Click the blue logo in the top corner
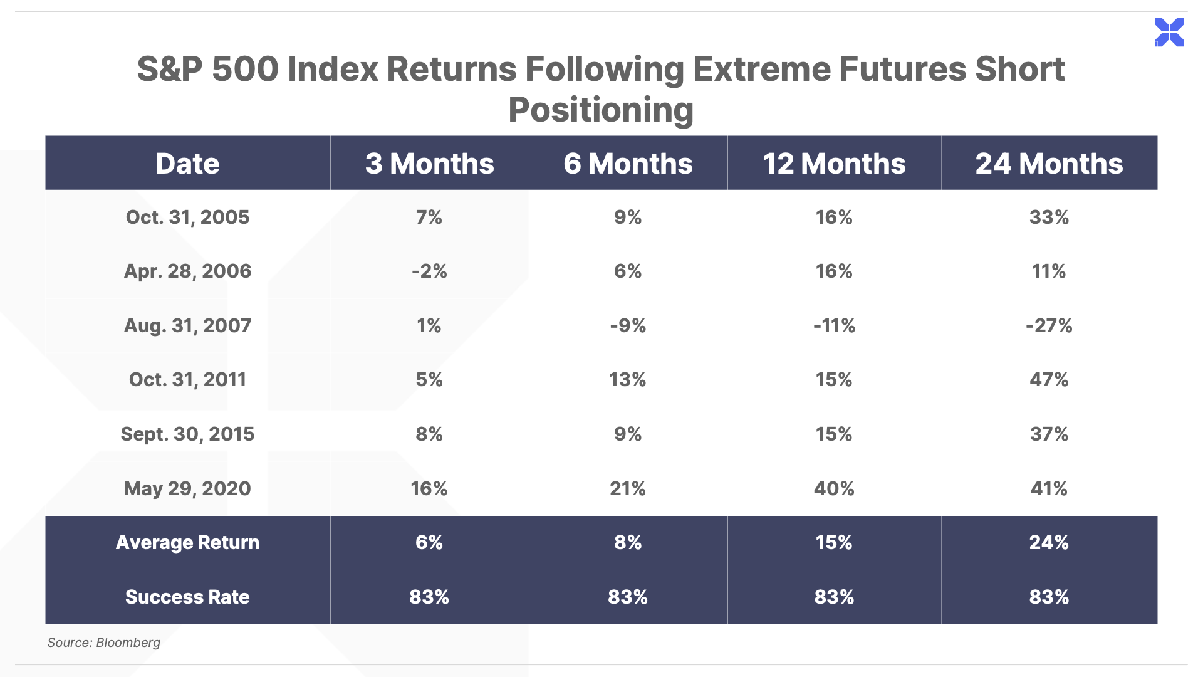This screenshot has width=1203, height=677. (x=1169, y=33)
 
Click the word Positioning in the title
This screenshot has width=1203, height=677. (x=601, y=110)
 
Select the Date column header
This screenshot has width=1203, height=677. (x=187, y=164)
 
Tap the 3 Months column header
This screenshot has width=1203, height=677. (x=429, y=164)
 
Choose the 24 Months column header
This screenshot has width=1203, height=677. (x=1049, y=164)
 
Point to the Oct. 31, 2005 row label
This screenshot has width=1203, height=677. (x=187, y=218)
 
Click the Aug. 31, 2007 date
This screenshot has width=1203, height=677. (x=187, y=326)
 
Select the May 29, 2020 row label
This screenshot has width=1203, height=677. (x=187, y=489)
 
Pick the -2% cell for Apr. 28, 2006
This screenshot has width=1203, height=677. (x=429, y=271)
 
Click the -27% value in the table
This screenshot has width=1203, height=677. (x=1049, y=326)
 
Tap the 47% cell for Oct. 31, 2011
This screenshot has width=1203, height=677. (x=1049, y=380)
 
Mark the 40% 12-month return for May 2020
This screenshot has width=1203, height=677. (x=834, y=489)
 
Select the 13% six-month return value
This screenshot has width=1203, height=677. (x=628, y=380)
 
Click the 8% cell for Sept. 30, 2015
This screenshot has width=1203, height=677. (x=429, y=434)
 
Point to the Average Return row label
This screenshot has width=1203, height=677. (x=187, y=543)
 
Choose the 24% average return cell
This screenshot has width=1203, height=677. (x=1049, y=543)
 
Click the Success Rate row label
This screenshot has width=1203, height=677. (x=187, y=597)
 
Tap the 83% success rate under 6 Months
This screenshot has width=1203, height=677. (x=628, y=597)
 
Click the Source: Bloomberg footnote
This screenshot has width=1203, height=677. (x=104, y=643)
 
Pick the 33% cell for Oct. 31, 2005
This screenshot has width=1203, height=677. (x=1049, y=218)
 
